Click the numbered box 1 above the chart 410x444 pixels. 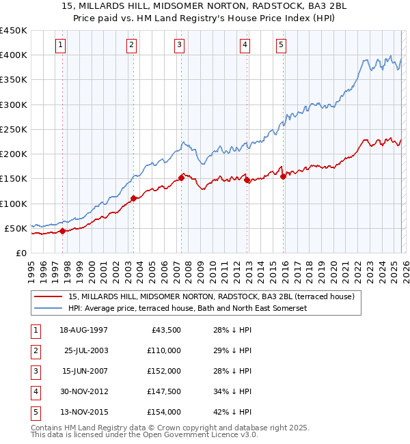61,45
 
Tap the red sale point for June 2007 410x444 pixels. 181,178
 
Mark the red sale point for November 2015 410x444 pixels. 283,176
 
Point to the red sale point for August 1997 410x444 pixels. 62,231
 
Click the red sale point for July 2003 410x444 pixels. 133,199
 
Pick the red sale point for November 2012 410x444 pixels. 247,180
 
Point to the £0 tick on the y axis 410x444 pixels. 20,253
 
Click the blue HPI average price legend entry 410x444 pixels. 188,308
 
